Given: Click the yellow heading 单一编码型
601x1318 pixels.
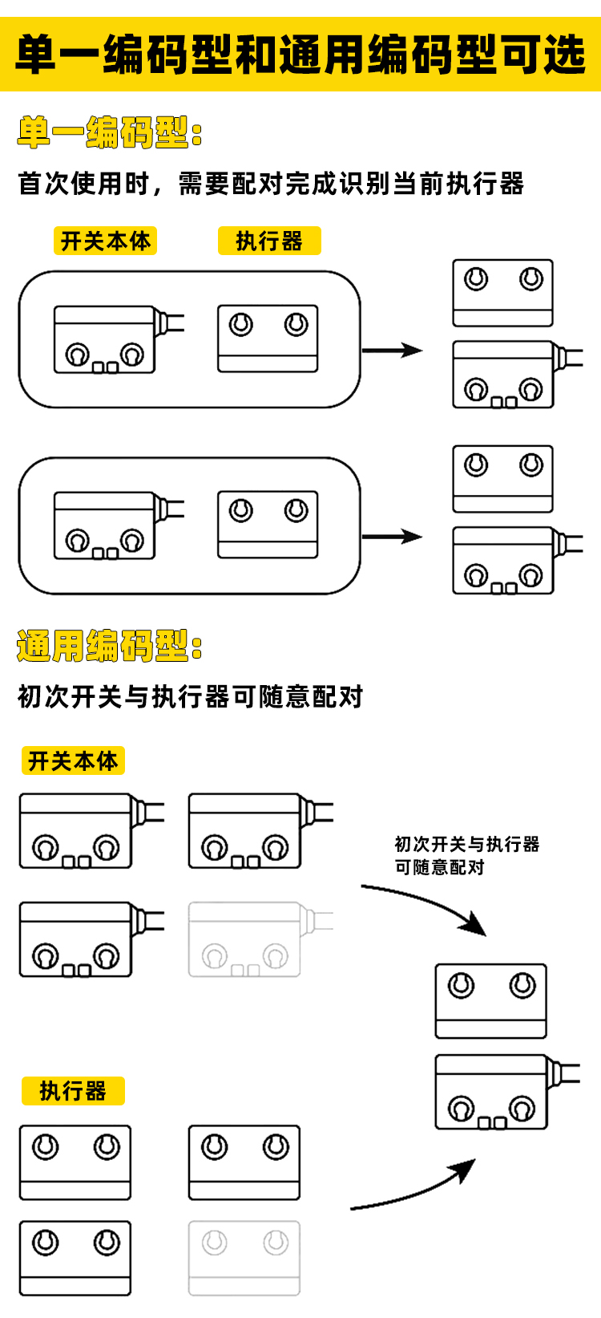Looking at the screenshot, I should [109, 132].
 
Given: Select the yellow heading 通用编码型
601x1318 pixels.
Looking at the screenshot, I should [109, 646].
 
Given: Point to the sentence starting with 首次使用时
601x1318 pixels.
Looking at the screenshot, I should [271, 184].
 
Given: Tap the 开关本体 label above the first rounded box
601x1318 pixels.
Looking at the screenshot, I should [105, 241].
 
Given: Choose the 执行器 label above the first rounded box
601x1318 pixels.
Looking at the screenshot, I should [269, 241].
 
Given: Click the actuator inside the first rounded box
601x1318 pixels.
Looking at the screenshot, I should [268, 339].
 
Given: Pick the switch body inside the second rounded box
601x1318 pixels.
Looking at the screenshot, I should [104, 525].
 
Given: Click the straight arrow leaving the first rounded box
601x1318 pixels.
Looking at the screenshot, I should [392, 350].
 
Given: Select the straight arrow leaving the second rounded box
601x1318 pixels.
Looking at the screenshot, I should [392, 536].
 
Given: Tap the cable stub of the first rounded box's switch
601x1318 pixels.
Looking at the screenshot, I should [171, 322].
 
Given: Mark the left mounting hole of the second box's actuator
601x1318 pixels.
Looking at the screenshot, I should [240, 510].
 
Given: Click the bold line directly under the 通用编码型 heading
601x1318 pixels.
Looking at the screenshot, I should [191, 696].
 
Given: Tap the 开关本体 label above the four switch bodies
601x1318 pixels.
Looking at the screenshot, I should [73, 760].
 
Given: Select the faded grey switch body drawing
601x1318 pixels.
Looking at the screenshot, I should [244, 939].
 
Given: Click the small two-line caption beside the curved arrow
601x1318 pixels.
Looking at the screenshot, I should [466, 855].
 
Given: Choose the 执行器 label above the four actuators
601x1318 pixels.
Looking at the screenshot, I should [73, 1091].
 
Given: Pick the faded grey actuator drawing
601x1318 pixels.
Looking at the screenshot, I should [244, 1258].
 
